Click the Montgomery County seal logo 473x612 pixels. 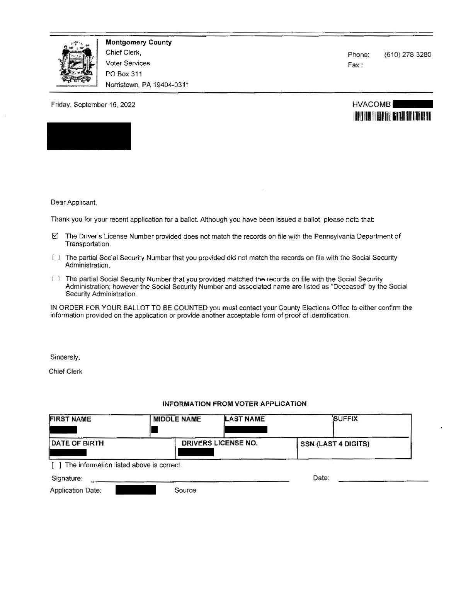(x=76, y=63)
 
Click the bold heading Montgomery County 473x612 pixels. (x=138, y=42)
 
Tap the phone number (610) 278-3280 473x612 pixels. (x=407, y=55)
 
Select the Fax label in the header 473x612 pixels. (x=355, y=65)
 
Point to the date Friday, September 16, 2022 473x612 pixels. (x=93, y=105)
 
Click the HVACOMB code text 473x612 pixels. (x=371, y=104)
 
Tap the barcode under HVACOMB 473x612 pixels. (x=392, y=116)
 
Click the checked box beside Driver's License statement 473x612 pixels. (x=55, y=236)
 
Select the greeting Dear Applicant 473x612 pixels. (x=73, y=202)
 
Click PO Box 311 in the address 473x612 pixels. (x=124, y=74)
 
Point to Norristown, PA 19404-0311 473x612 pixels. (x=147, y=85)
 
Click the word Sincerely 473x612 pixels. (x=65, y=357)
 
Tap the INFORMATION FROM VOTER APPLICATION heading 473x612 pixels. (x=235, y=404)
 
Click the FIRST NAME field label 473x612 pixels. (x=70, y=419)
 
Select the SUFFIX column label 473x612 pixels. (x=346, y=419)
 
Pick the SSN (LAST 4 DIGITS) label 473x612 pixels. (x=335, y=444)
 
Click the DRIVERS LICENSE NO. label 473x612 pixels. (x=219, y=443)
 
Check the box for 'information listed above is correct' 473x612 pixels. (x=56, y=465)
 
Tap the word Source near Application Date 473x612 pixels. (x=185, y=490)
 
